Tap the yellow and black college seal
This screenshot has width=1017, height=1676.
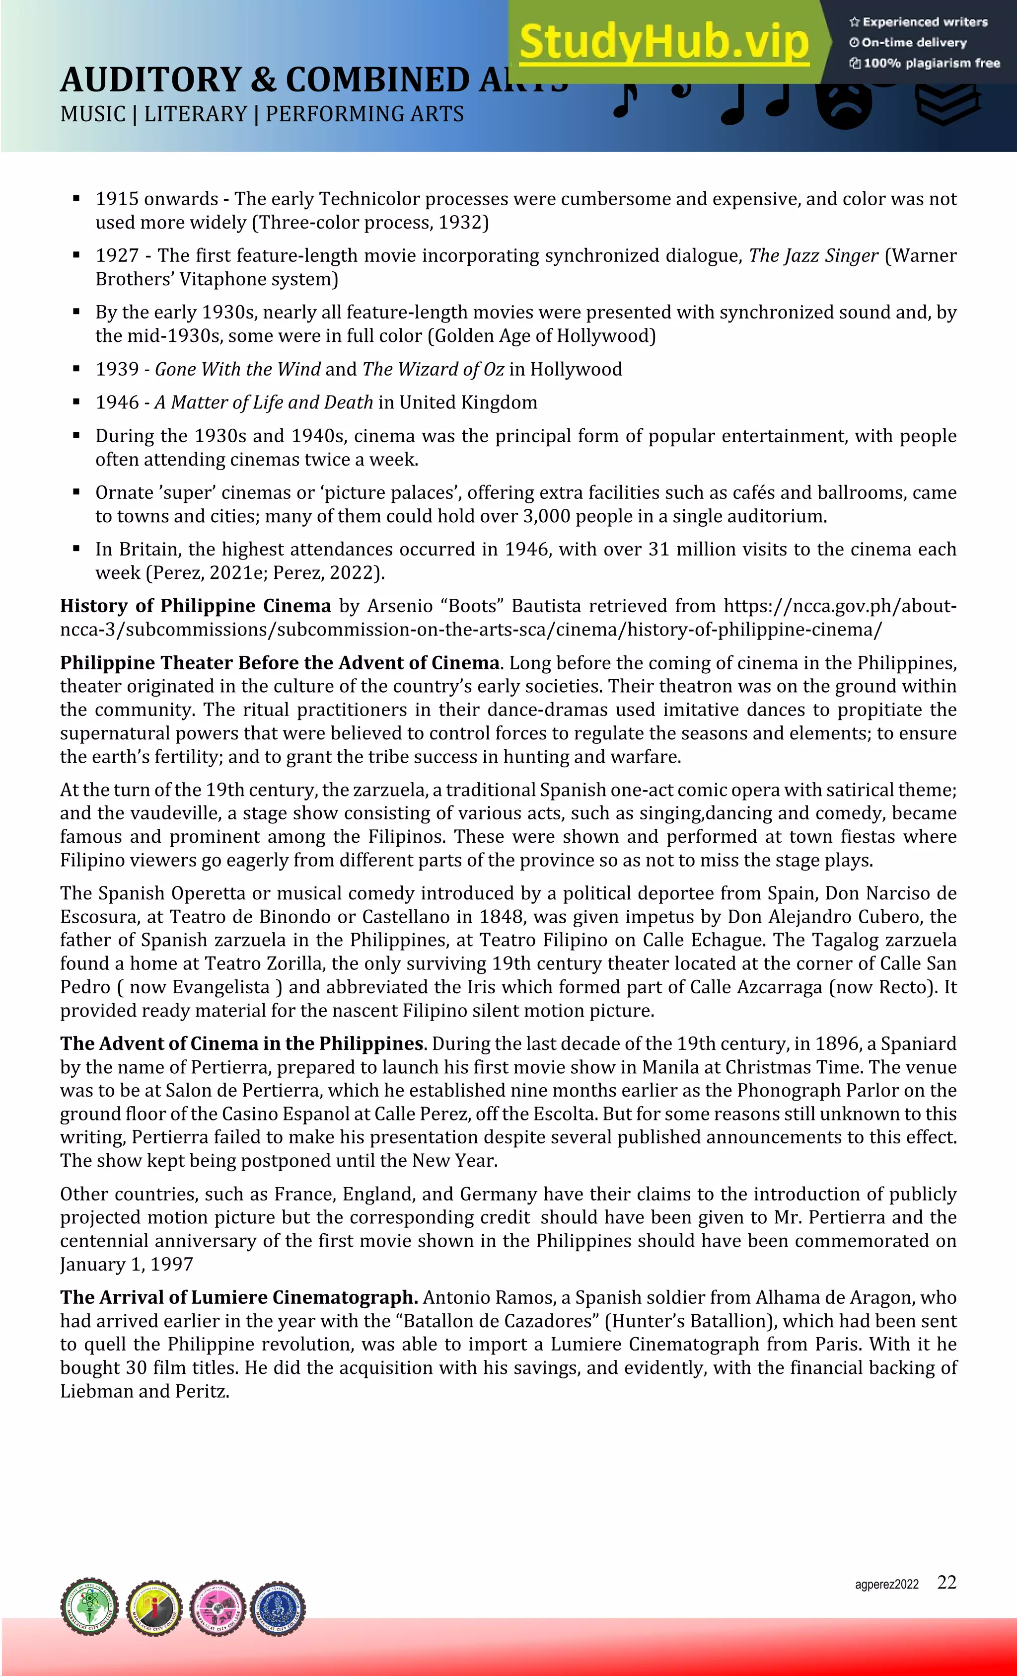click(155, 1607)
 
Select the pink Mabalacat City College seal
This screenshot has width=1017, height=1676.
click(218, 1607)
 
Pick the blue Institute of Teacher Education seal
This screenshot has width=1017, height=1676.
click(278, 1607)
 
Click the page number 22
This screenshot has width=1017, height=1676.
click(946, 1583)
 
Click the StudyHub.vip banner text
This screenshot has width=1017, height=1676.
click(664, 42)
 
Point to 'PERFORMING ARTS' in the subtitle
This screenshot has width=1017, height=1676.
click(364, 114)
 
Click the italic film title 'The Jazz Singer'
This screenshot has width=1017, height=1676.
click(813, 256)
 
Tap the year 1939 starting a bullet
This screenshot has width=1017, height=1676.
click(117, 369)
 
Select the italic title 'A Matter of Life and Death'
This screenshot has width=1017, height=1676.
click(264, 402)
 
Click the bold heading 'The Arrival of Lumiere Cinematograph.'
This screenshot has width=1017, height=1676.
click(239, 1297)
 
